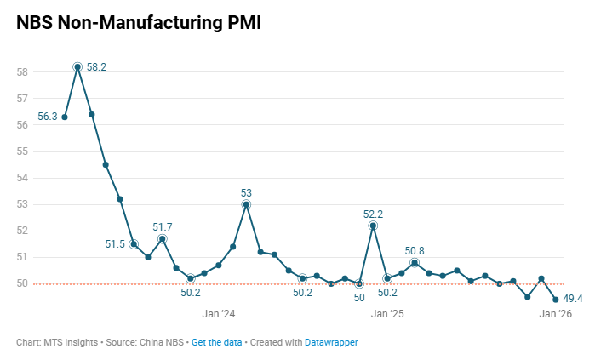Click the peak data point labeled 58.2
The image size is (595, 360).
click(x=77, y=66)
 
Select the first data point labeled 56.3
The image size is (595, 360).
click(x=65, y=117)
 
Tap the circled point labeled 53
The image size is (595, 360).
click(x=246, y=204)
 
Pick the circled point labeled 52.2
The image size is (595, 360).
click(x=373, y=226)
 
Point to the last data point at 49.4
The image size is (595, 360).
click(x=556, y=300)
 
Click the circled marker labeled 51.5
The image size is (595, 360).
click(x=134, y=244)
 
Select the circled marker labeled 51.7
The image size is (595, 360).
click(x=163, y=239)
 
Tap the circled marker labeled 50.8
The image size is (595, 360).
click(x=415, y=262)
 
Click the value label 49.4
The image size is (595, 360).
click(x=573, y=298)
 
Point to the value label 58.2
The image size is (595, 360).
click(x=96, y=66)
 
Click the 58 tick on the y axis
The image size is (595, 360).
click(x=22, y=72)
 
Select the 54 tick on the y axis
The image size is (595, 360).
click(x=22, y=178)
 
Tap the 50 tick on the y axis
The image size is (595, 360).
click(x=22, y=283)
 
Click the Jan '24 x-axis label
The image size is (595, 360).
click(x=218, y=314)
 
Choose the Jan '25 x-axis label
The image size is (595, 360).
click(x=387, y=314)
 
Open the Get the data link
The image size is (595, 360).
click(x=216, y=342)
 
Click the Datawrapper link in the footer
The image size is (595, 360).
click(x=331, y=342)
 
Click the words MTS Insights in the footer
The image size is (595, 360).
click(x=71, y=342)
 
